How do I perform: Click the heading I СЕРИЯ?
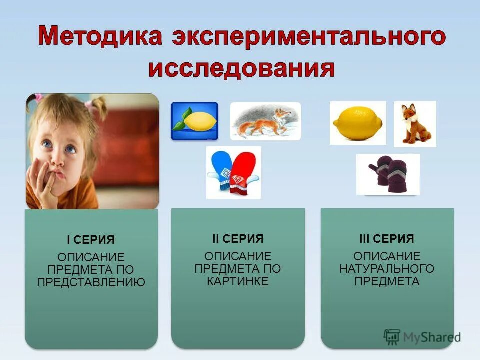(x=91, y=240)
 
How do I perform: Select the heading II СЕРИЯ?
(x=238, y=239)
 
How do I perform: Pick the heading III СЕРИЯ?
(x=386, y=239)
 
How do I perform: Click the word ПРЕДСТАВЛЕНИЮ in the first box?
(x=91, y=282)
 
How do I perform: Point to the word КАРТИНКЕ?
(x=238, y=281)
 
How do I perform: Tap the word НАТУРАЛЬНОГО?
(x=386, y=269)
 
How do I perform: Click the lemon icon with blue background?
(x=195, y=121)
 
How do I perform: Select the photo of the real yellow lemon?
(x=358, y=122)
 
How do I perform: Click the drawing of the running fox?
(x=265, y=121)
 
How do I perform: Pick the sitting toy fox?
(x=415, y=124)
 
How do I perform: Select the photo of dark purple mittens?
(x=388, y=174)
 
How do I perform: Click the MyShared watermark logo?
(x=422, y=337)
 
